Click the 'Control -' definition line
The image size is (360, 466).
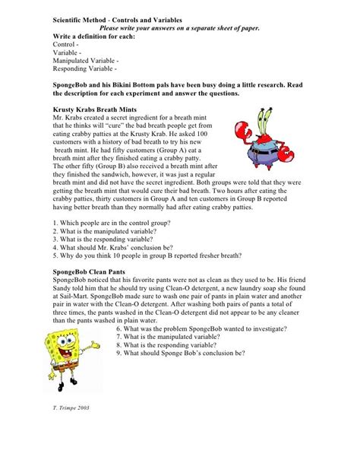click(x=68, y=45)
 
